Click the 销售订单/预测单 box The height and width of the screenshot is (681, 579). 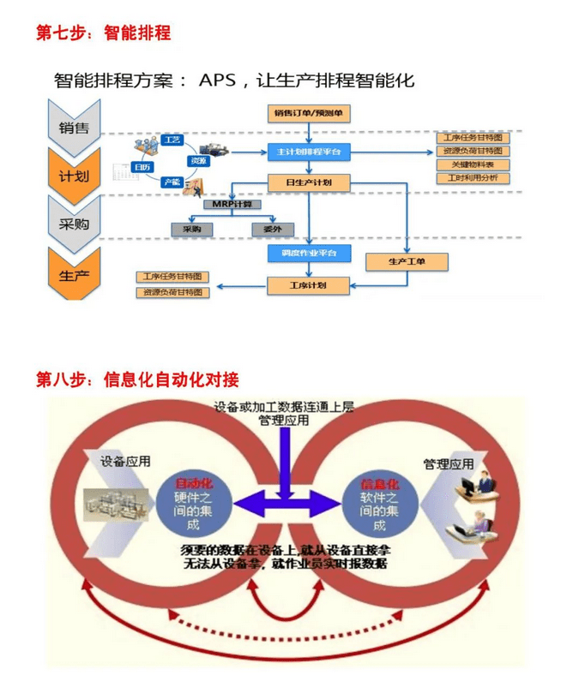click(x=308, y=114)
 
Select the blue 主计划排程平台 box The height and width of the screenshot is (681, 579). click(x=308, y=151)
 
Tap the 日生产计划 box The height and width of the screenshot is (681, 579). click(x=308, y=182)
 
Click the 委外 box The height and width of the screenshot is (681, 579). click(x=272, y=230)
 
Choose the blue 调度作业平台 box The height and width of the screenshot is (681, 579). click(x=308, y=253)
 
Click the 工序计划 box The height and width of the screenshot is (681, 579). click(x=308, y=284)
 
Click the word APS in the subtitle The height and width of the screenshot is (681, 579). click(x=219, y=81)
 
